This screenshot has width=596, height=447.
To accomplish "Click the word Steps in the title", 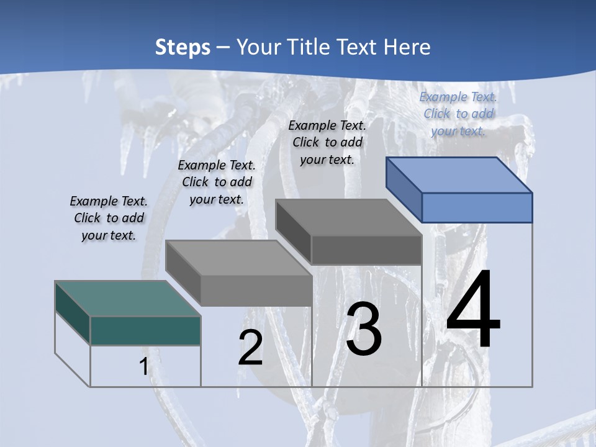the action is click(183, 47).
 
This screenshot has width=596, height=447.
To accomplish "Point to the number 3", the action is click(364, 329).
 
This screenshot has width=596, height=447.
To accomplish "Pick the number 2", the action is click(251, 348).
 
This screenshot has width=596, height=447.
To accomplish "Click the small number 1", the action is click(143, 366).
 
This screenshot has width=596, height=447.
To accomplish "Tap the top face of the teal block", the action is click(128, 299).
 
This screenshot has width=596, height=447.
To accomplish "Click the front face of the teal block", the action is click(145, 330).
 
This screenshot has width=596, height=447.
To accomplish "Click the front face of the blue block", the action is click(477, 207).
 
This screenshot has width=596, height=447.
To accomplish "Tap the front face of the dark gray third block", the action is click(366, 250).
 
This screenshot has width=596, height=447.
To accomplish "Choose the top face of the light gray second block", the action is click(238, 258).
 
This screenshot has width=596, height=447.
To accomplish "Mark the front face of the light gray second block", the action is click(256, 291).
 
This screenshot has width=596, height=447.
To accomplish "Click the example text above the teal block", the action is click(109, 218).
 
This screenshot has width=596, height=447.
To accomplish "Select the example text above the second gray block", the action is click(217, 182).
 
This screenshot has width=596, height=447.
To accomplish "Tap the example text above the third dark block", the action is click(327, 142).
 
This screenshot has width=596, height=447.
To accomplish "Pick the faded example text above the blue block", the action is click(458, 114).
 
